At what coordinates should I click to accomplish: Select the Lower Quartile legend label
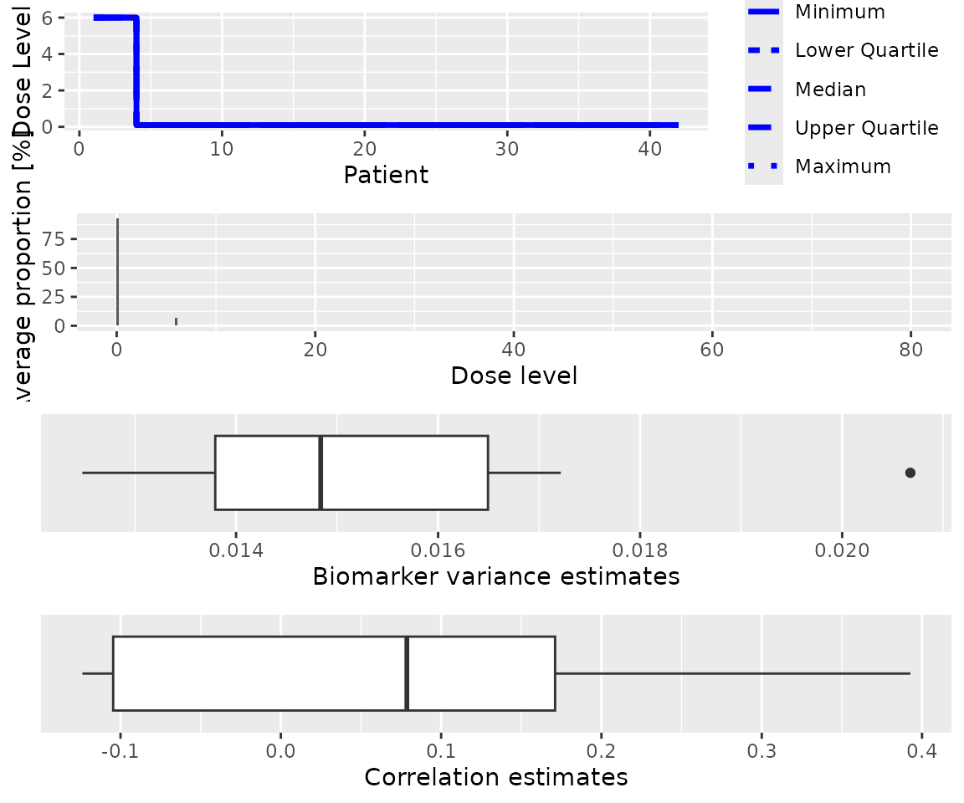(866, 50)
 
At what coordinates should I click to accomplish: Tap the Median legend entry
(830, 90)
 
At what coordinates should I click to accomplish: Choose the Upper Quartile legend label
(866, 128)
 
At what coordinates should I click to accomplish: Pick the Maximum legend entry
(843, 166)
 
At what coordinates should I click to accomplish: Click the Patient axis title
(387, 175)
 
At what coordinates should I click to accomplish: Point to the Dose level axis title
(514, 376)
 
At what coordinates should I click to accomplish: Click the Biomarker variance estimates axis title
(495, 576)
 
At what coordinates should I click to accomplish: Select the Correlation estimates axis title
(496, 777)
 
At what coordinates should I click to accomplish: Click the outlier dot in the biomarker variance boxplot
(910, 473)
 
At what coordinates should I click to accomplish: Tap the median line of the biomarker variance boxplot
(320, 473)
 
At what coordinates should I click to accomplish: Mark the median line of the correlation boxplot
(407, 673)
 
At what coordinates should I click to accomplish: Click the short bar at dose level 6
(176, 321)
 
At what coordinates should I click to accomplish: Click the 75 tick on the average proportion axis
(54, 239)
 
